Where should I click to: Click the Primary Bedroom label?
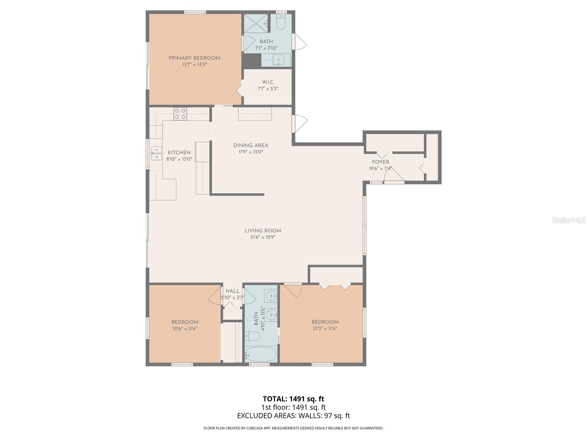pyautogui.click(x=194, y=58)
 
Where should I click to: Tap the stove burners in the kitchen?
pyautogui.click(x=180, y=114)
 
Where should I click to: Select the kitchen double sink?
pyautogui.click(x=156, y=153)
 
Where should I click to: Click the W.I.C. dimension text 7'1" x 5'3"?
pyautogui.click(x=268, y=89)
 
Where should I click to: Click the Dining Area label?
pyautogui.click(x=251, y=145)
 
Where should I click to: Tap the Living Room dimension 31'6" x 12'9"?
pyautogui.click(x=263, y=237)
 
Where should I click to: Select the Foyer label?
pyautogui.click(x=380, y=162)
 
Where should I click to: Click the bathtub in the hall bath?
pyautogui.click(x=260, y=355)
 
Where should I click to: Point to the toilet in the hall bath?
pyautogui.click(x=252, y=335)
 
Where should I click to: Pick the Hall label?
pyautogui.click(x=233, y=291)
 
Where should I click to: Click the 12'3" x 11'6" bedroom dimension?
pyautogui.click(x=325, y=329)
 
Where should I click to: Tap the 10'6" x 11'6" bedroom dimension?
pyautogui.click(x=185, y=329)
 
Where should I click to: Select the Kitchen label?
pyautogui.click(x=179, y=153)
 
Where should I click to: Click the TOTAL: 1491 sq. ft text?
pyautogui.click(x=293, y=399)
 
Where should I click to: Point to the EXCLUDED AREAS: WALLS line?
pyautogui.click(x=293, y=416)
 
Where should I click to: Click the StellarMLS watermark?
pyautogui.click(x=569, y=220)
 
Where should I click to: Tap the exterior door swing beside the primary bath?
pyautogui.click(x=300, y=41)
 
